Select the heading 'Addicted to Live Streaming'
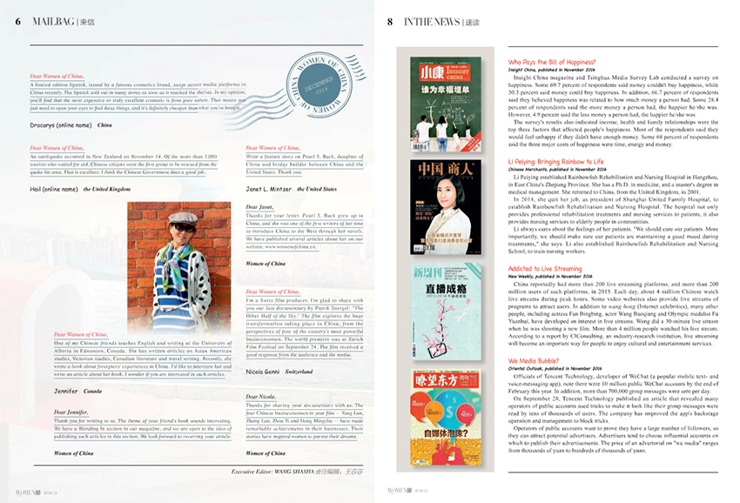(x=545, y=269)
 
